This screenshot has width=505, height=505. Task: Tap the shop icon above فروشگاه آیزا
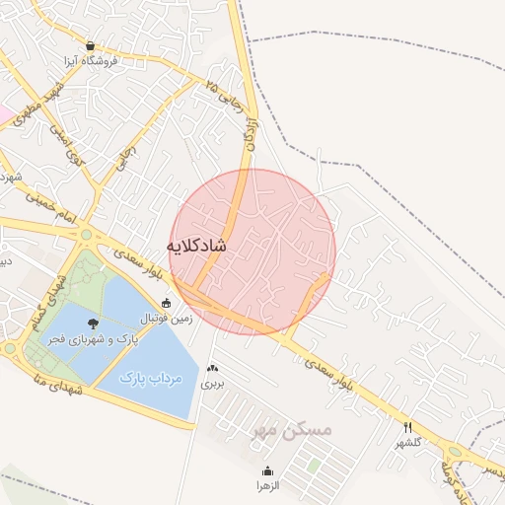coord(91,45)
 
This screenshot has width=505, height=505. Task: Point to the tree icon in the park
coord(93,324)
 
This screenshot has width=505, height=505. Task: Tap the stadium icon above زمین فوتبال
coord(167,303)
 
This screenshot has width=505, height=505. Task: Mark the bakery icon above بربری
coord(212,368)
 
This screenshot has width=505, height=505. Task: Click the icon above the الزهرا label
coord(268,470)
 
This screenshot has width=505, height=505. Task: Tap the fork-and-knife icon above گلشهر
coord(407,426)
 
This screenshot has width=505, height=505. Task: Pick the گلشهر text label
coord(408,442)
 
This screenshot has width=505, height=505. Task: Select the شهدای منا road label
coord(44,373)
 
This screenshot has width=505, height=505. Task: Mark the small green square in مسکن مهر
coord(314,464)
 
